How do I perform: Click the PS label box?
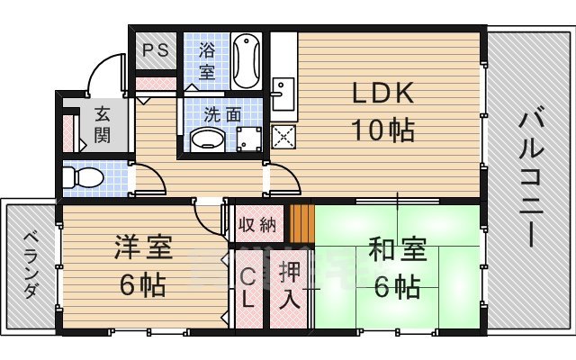tap(156, 50)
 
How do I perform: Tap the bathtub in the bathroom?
tap(246, 60)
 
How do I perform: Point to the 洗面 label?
tap(222, 114)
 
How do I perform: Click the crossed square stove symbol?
tap(283, 139)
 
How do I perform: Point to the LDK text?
tap(382, 93)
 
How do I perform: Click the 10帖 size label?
tap(382, 130)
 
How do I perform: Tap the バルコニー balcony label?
tap(528, 179)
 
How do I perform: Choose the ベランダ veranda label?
tap(31, 265)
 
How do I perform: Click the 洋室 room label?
tap(143, 247)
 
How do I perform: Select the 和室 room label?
tap(395, 248)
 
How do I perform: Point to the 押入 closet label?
tap(289, 287)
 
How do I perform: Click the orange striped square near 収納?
tap(301, 222)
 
